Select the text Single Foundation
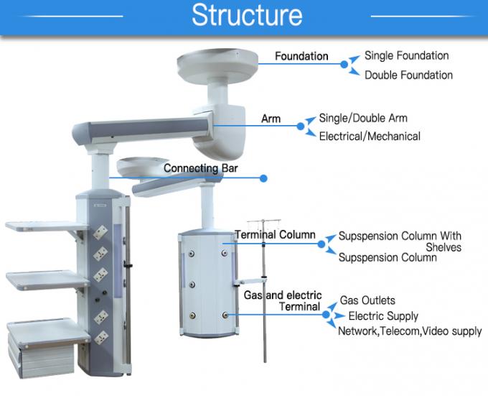click(406, 55)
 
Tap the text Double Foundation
click(408, 75)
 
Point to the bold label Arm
click(271, 119)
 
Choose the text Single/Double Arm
click(362, 118)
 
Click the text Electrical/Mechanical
click(370, 136)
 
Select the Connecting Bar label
click(200, 169)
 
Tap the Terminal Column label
click(276, 234)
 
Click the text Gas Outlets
click(367, 300)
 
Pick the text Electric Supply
click(383, 316)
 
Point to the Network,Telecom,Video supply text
click(410, 331)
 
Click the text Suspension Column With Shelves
click(400, 241)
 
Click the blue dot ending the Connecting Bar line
click(263, 178)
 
